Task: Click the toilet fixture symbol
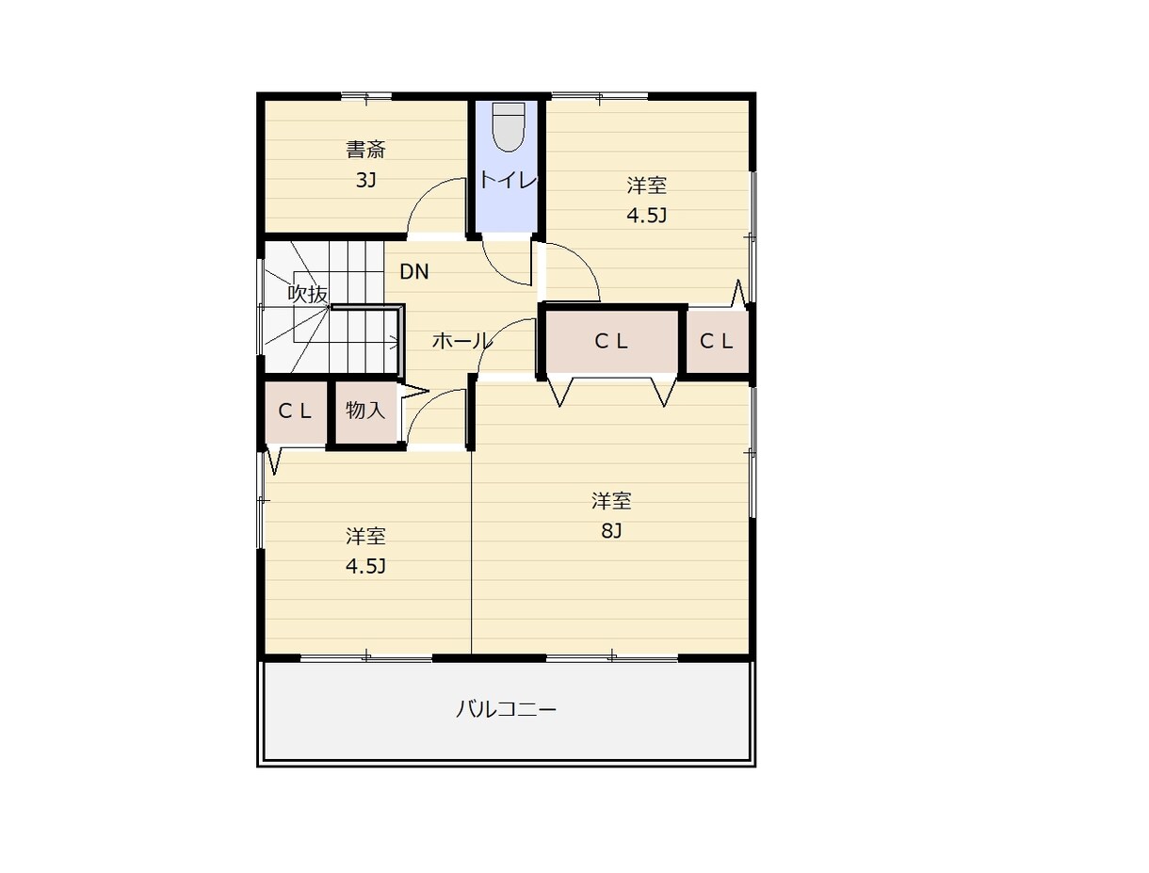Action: point(509,126)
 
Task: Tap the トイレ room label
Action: point(508,180)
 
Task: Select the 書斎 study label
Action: point(365,150)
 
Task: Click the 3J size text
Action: point(365,180)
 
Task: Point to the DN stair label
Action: point(414,271)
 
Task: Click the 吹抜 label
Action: point(308,294)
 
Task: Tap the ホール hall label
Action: point(461,341)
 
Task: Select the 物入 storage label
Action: point(364,410)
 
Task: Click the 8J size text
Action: point(611,531)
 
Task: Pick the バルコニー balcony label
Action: point(506,710)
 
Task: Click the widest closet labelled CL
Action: point(611,342)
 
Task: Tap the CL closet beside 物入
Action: point(295,412)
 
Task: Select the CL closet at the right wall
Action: point(717,342)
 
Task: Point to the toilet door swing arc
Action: point(496,272)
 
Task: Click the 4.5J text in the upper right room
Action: point(646,215)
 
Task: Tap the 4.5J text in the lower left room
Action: point(365,566)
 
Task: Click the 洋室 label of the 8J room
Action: point(611,501)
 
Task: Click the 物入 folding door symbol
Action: point(413,391)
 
